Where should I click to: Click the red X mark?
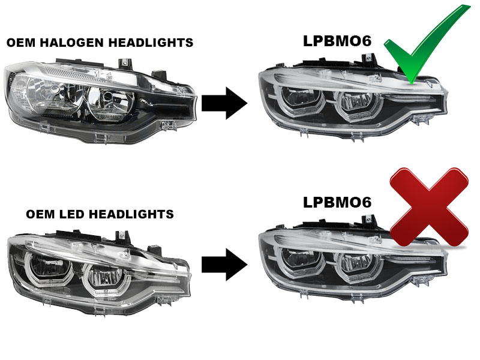[429, 207]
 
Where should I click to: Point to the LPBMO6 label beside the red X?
[337, 202]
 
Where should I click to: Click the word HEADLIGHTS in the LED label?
[136, 214]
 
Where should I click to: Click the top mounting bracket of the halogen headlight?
[125, 63]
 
